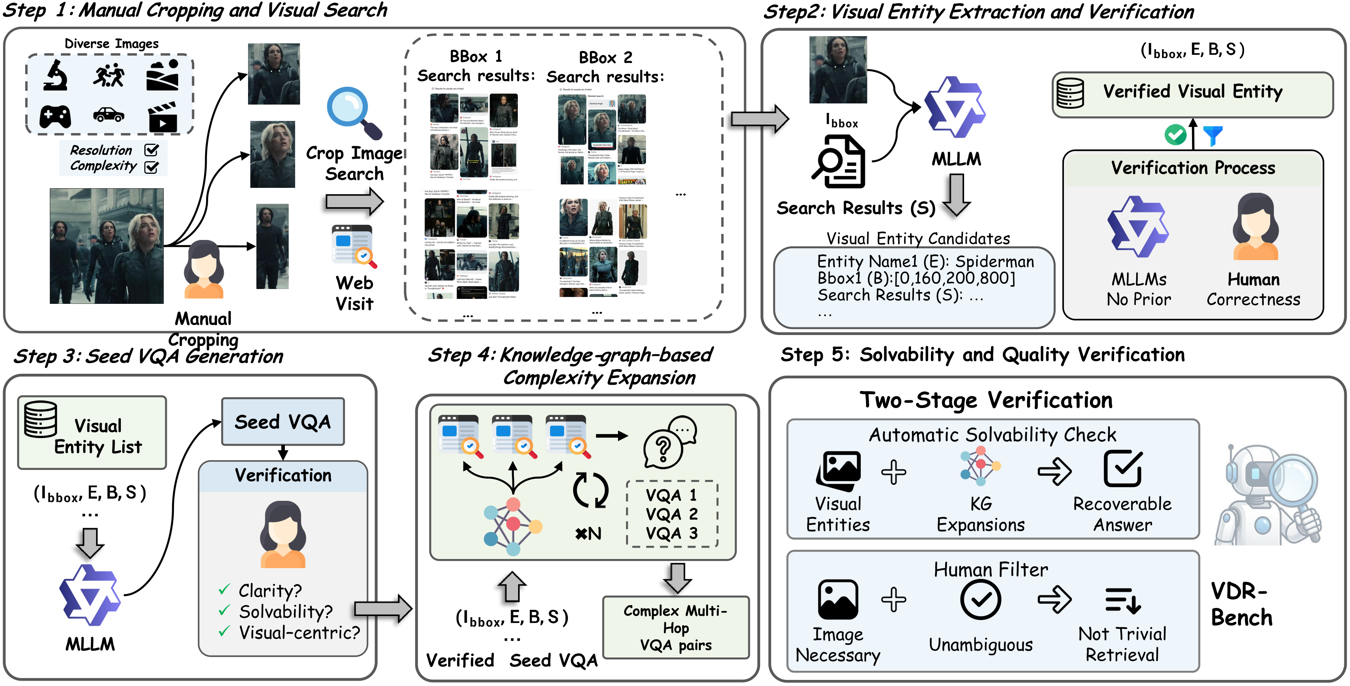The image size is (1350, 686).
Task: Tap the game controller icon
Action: pos(55,116)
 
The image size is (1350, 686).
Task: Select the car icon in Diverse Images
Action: pos(109,114)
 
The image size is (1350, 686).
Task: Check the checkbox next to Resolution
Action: pos(152,150)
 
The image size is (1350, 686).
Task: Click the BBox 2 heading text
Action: pos(605,57)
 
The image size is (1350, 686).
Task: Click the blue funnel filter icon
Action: pos(1213,135)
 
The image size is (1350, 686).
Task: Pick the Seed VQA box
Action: pos(283,422)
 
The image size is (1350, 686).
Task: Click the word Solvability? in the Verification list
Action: pos(286,611)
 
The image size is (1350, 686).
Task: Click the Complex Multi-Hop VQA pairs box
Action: pos(675,627)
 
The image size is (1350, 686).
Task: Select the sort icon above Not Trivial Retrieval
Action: pos(1122,600)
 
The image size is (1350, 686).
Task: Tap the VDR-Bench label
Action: pos(1241,604)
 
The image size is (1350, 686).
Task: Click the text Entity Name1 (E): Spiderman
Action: pos(925,261)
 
